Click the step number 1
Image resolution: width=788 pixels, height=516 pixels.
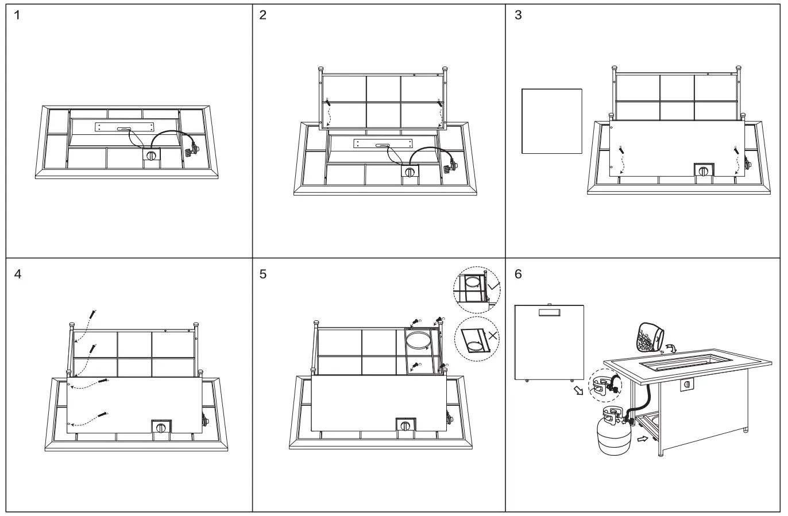pos(18,15)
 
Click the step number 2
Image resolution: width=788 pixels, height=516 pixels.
pos(263,15)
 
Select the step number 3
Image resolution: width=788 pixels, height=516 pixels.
pos(519,15)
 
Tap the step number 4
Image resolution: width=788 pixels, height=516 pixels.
pos(18,274)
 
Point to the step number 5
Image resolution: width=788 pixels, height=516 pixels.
pos(263,274)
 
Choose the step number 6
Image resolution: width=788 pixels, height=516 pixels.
pos(519,274)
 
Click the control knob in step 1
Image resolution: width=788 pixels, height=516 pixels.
pos(152,156)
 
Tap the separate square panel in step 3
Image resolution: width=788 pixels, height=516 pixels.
pos(552,121)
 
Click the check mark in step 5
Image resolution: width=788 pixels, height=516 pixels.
pos(493,285)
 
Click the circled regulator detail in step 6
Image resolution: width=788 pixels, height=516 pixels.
pos(604,386)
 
